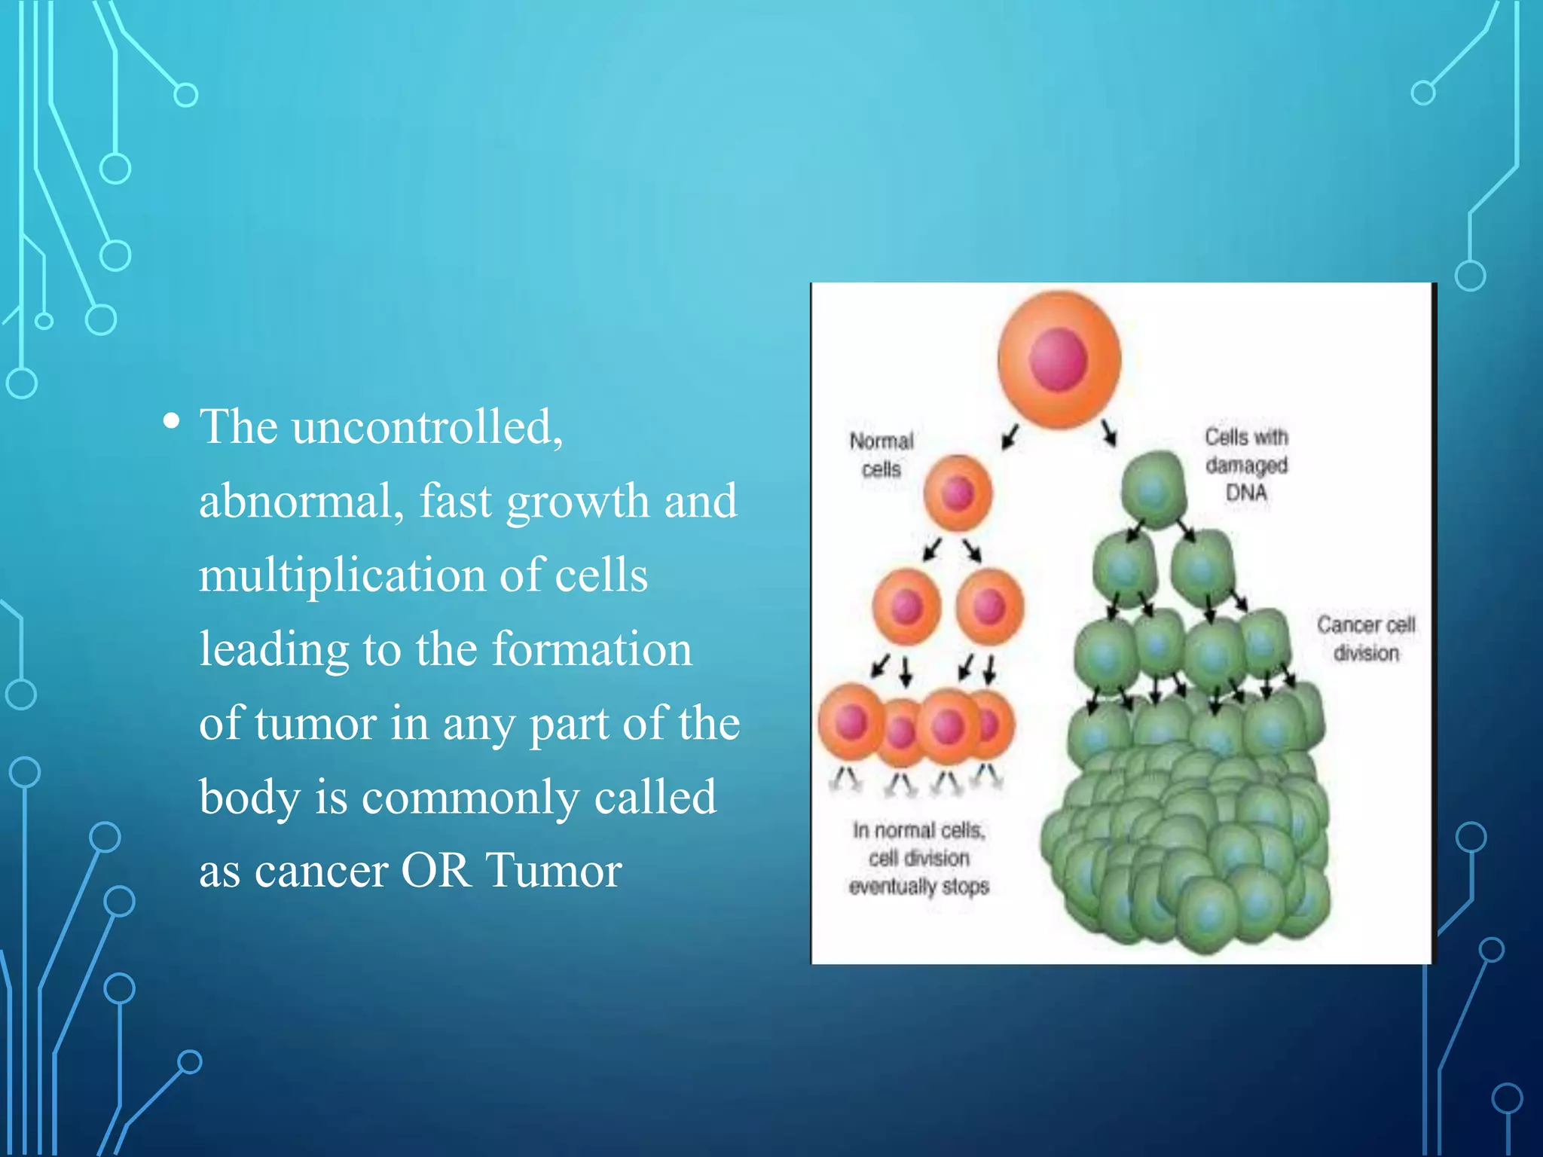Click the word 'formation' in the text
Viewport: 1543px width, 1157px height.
tap(591, 649)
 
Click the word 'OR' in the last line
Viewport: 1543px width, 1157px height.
tap(436, 871)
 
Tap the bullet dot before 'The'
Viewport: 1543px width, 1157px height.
tap(172, 422)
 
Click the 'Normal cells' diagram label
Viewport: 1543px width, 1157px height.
tap(881, 455)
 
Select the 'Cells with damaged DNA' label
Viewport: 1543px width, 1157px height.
tap(1246, 465)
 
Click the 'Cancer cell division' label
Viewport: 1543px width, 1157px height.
tap(1366, 639)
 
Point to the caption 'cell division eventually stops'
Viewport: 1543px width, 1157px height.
tap(918, 859)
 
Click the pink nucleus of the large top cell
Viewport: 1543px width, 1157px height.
tap(1058, 360)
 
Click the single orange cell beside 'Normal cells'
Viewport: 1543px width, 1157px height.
tap(958, 493)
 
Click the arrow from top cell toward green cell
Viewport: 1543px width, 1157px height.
tap(1109, 433)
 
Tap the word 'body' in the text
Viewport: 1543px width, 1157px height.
tap(249, 797)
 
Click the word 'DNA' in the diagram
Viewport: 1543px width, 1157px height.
tap(1246, 493)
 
